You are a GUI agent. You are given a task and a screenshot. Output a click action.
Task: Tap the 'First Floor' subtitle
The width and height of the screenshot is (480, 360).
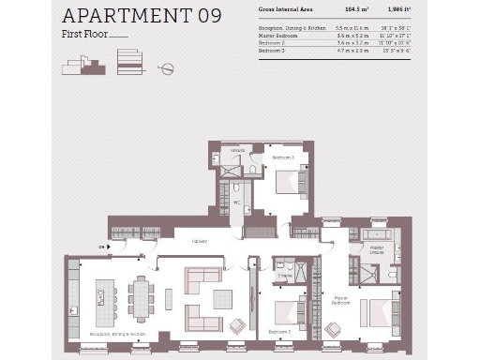coord(85,37)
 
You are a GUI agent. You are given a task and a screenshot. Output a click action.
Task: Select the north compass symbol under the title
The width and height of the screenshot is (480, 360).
coord(166,68)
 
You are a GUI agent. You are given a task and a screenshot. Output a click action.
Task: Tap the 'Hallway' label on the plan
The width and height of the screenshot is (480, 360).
coord(200,241)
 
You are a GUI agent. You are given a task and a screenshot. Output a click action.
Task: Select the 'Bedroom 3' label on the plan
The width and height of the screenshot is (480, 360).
coord(284,158)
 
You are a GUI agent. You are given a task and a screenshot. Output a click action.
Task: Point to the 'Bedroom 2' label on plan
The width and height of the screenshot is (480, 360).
coord(279,332)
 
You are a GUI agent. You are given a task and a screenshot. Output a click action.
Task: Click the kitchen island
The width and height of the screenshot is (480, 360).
coord(102,298)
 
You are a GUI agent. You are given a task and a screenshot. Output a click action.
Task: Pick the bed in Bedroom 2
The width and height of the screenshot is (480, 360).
coord(289,311)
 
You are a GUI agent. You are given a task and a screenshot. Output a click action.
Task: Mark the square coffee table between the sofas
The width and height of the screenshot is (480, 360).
coord(222,299)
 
